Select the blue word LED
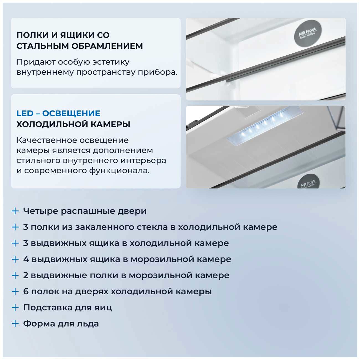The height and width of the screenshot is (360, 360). [x=25, y=113]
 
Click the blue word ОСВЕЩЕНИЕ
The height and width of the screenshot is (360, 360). [x=71, y=113]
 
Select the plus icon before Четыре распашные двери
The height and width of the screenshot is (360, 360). [x=15, y=211]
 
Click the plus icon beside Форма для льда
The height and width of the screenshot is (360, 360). [x=15, y=323]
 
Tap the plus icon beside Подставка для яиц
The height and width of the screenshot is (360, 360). [x=15, y=307]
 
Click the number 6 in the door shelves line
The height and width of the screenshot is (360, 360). [x=26, y=291]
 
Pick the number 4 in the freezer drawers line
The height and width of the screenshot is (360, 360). [x=26, y=259]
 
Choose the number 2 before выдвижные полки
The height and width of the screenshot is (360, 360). [x=26, y=275]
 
